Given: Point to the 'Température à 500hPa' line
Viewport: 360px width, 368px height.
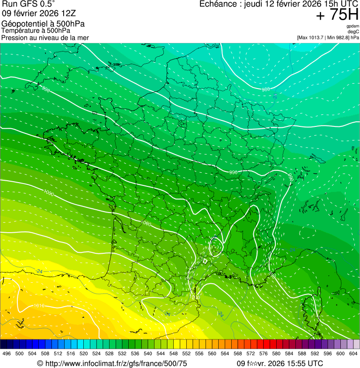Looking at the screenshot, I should click(x=36, y=30).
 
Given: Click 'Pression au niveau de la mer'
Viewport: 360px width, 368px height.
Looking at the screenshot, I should click(x=45, y=37).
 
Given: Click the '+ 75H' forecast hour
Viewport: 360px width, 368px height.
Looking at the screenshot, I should click(x=337, y=15).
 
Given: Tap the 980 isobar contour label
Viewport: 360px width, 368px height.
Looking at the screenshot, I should click(x=265, y=89).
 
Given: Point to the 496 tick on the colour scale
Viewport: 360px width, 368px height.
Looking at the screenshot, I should click(x=7, y=354).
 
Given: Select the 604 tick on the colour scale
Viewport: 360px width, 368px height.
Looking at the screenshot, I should click(x=353, y=354).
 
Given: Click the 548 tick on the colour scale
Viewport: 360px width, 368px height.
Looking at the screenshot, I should click(x=173, y=354).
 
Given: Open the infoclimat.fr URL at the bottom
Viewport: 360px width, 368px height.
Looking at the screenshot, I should click(x=116, y=363).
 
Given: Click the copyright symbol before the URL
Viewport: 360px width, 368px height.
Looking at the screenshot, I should click(x=40, y=363).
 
